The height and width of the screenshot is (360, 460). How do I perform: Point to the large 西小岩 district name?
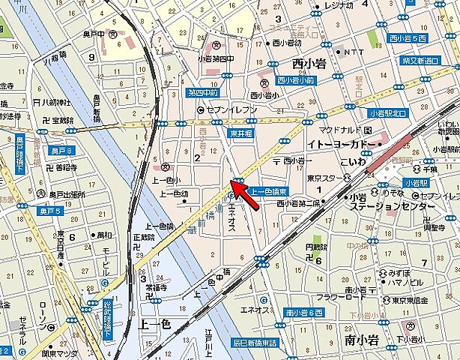point(307,64)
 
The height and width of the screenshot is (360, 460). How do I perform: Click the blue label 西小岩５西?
point(409,37)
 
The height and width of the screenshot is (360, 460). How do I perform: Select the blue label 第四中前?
point(203,93)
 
